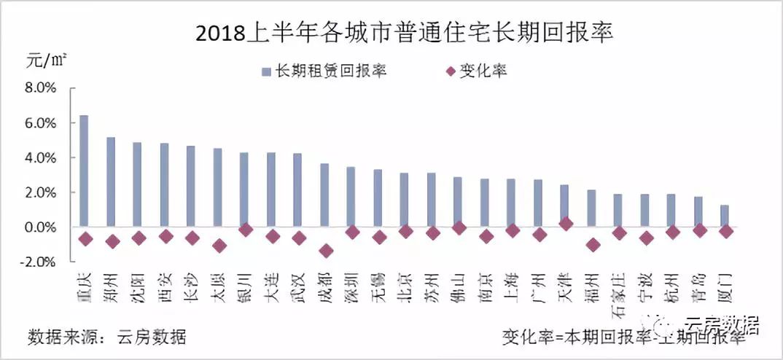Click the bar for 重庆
click(x=84, y=171)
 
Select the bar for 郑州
click(x=111, y=181)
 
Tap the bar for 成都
click(x=324, y=195)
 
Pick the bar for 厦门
click(x=725, y=216)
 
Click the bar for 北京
click(x=405, y=200)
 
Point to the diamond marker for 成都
click(x=325, y=251)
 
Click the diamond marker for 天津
click(x=566, y=224)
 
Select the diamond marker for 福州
click(x=593, y=245)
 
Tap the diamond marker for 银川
click(x=245, y=230)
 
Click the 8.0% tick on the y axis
click(x=41, y=88)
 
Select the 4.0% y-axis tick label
click(x=41, y=157)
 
